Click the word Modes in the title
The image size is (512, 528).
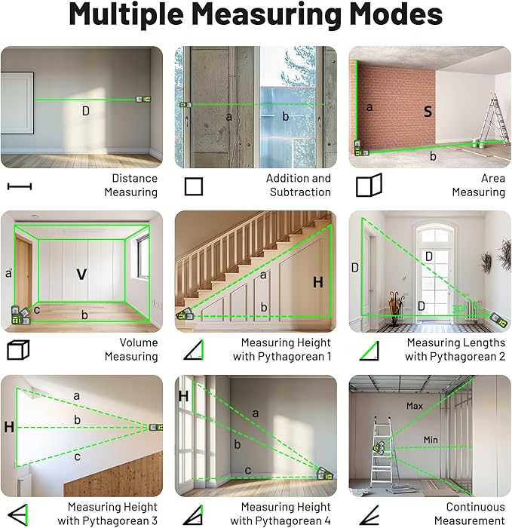[381, 16]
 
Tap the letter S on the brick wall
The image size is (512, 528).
[428, 112]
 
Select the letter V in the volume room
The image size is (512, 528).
[81, 275]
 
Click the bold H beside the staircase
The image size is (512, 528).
[317, 282]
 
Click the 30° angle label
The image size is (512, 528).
[457, 309]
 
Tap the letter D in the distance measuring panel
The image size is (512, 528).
[85, 111]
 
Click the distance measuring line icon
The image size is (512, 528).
[19, 186]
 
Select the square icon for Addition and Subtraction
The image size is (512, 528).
[194, 186]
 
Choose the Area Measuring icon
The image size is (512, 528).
[369, 186]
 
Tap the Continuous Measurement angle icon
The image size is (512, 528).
[368, 514]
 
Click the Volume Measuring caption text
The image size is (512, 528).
[130, 349]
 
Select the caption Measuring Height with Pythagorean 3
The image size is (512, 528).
[112, 514]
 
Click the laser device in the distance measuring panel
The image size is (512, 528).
[141, 99]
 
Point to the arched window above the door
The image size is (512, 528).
[434, 235]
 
